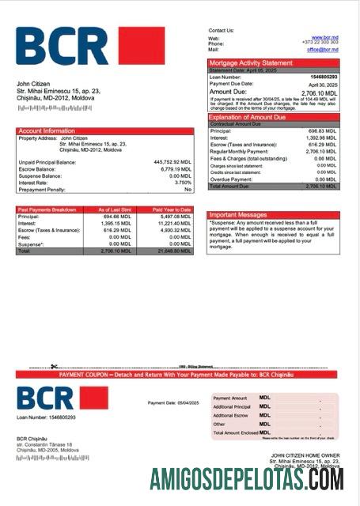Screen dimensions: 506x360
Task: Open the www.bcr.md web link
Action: pos(325,37)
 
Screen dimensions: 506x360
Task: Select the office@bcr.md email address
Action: pos(323,49)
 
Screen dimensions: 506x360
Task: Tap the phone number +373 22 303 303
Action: pos(320,43)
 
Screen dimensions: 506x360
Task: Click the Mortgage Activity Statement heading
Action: pos(250,62)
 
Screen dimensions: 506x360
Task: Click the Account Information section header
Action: pos(47,130)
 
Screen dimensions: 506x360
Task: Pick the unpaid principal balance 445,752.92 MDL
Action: pos(172,161)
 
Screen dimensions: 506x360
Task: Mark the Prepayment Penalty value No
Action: pos(188,190)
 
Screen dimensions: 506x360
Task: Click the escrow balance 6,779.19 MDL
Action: pos(174,168)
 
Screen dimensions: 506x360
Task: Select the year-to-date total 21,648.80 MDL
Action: pos(174,251)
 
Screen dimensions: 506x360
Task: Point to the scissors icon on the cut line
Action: pos(54,366)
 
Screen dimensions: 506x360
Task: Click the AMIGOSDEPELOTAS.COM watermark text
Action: pos(247,479)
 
